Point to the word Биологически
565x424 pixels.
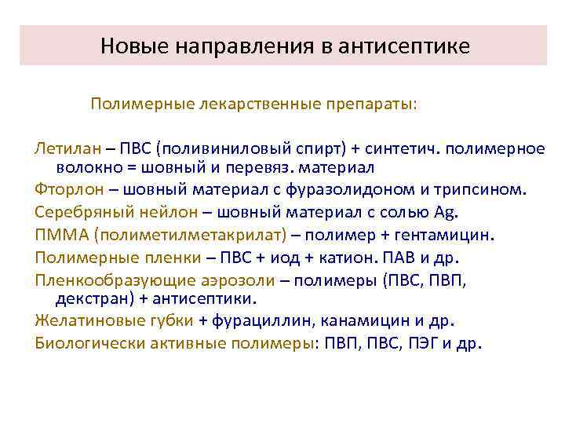click(82, 343)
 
